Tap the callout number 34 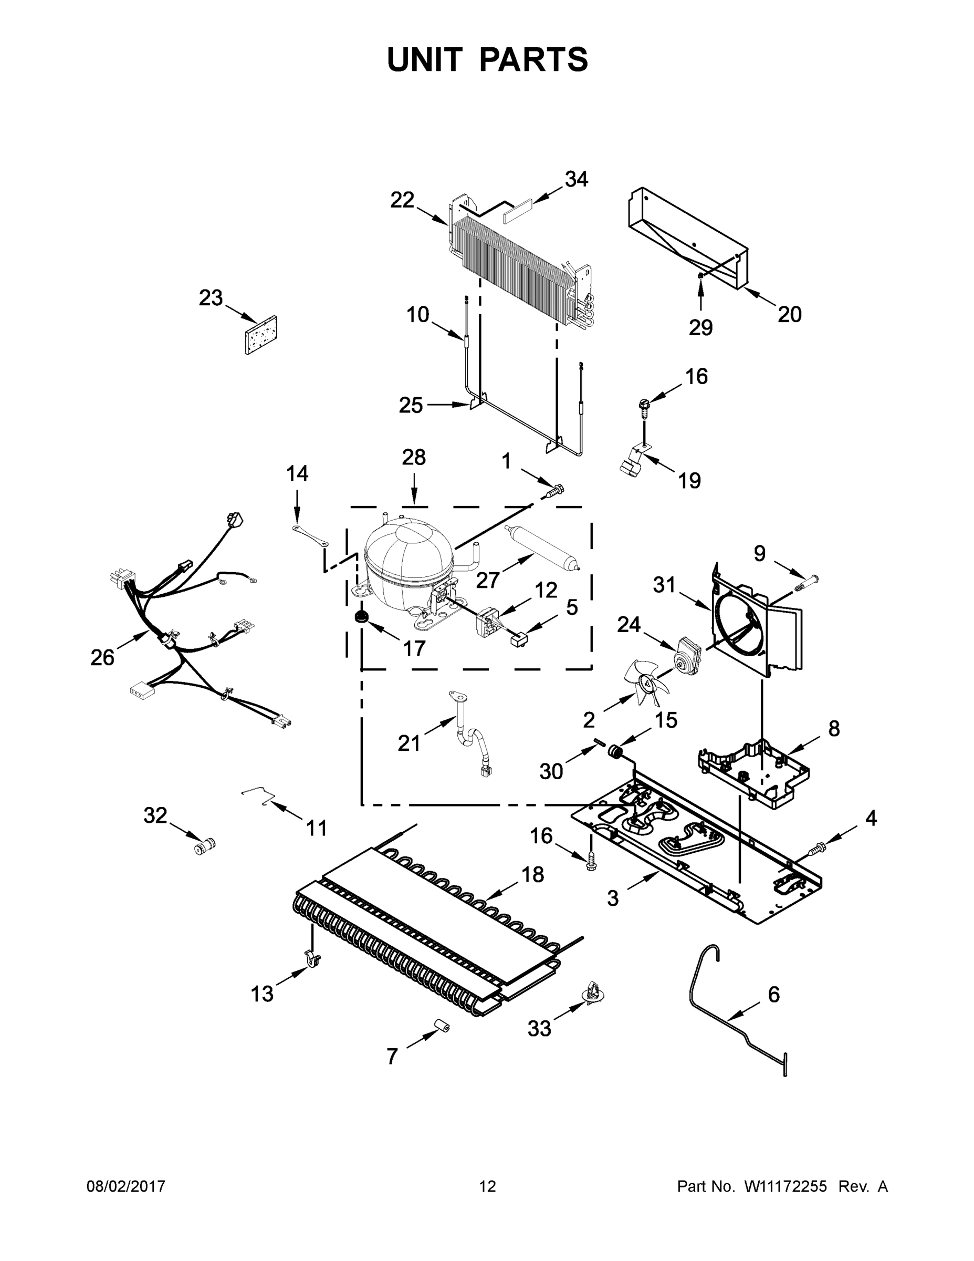click(576, 180)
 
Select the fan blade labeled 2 click(646, 684)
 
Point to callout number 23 click(211, 298)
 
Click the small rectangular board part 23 click(261, 334)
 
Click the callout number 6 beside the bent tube click(773, 994)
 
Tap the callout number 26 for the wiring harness click(102, 657)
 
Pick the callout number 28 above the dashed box click(414, 457)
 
